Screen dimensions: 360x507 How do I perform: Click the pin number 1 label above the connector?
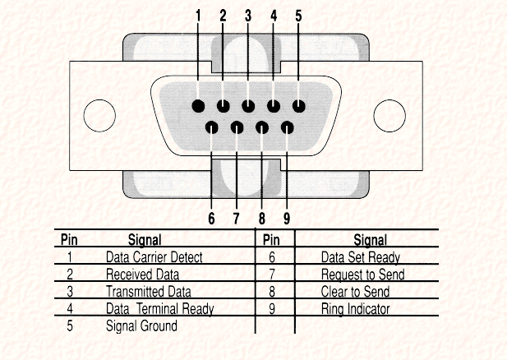pyautogui.click(x=198, y=15)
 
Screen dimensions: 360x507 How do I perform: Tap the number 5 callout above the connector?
pyautogui.click(x=297, y=15)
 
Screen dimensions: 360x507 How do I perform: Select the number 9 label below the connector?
pyautogui.click(x=287, y=219)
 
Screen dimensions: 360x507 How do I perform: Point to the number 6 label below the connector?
pyautogui.click(x=211, y=219)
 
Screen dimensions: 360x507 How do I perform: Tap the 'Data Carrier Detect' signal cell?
pyautogui.click(x=154, y=257)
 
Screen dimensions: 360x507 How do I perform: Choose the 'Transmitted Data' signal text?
pyautogui.click(x=149, y=292)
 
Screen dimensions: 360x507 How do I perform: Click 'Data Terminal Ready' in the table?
pyautogui.click(x=159, y=309)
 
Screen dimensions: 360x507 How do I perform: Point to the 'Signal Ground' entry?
pyautogui.click(x=141, y=325)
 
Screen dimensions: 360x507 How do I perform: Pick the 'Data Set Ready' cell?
pyautogui.click(x=361, y=257)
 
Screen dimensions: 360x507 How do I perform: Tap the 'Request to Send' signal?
pyautogui.click(x=362, y=275)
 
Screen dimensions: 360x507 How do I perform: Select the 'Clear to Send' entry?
pyautogui.click(x=355, y=292)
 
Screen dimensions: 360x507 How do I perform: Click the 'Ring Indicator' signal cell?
pyautogui.click(x=356, y=309)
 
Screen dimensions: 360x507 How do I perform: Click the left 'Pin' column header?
pyautogui.click(x=70, y=240)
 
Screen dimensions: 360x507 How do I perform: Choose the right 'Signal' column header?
pyautogui.click(x=370, y=240)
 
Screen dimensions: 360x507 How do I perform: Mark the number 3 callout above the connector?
pyautogui.click(x=248, y=15)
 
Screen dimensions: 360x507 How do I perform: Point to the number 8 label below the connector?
pyautogui.click(x=261, y=219)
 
